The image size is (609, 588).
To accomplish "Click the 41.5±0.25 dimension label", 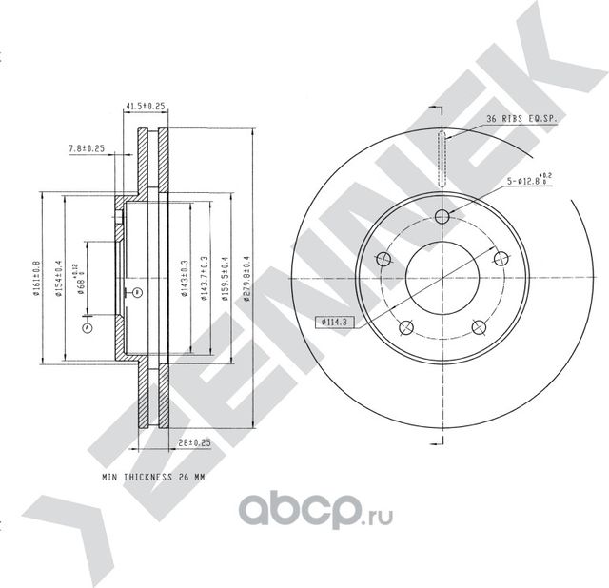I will pos(146,105).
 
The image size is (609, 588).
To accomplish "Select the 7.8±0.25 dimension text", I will pos(87,148).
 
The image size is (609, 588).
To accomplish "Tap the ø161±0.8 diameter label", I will pos(35,279).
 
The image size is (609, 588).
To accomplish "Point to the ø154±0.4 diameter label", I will pos(59,279).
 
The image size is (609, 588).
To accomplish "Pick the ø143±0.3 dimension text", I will pos(183,279).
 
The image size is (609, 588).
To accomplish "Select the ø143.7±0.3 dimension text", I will pos(205,279).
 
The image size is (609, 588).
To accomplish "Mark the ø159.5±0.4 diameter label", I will pos(226,279).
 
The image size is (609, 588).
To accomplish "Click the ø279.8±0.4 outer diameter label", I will pos(246,279).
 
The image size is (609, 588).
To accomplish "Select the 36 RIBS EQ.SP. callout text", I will pos(520,118).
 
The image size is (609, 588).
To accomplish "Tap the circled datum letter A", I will pos(88,328).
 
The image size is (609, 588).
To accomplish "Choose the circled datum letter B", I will pos(137,291).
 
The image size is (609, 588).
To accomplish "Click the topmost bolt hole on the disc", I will pos(442,215).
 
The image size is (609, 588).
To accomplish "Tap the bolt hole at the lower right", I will pos(478,328).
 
